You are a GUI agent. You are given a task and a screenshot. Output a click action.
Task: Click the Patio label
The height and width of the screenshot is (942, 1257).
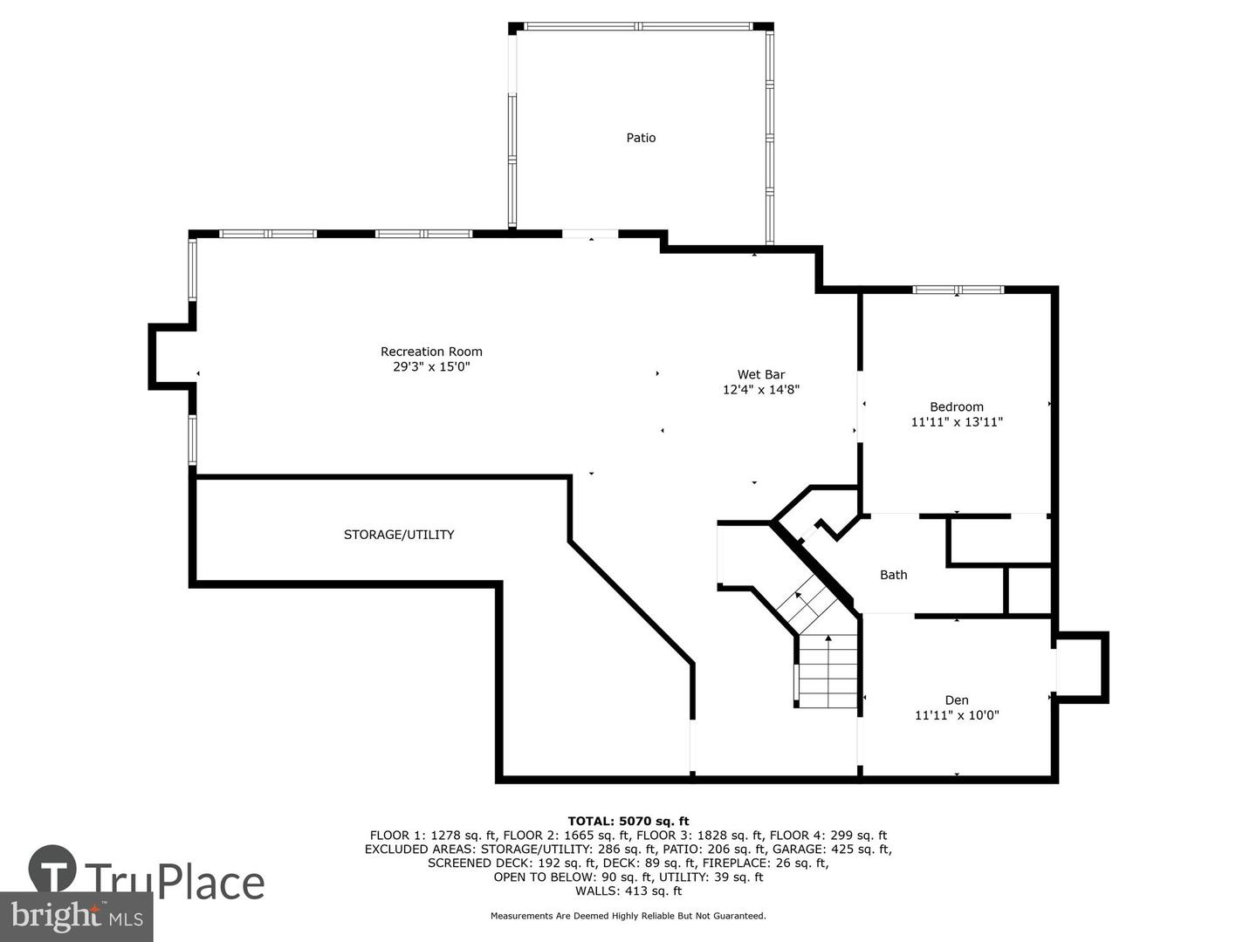point(640,138)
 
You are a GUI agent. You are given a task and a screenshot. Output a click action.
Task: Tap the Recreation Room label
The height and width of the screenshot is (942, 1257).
point(431,352)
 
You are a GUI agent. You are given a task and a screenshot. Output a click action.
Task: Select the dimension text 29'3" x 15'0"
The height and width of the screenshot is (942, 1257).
point(431,366)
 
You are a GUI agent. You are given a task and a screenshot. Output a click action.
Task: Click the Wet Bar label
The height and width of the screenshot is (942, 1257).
point(760,375)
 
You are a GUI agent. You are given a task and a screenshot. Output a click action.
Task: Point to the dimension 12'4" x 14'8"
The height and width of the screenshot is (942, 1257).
point(760,390)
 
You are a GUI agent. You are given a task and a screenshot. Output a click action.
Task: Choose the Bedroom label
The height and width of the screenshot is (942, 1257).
point(957,406)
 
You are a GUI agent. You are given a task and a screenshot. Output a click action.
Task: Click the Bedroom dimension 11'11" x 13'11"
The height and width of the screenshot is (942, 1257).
point(957,422)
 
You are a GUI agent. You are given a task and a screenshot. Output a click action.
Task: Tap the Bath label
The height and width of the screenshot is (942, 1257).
point(893,575)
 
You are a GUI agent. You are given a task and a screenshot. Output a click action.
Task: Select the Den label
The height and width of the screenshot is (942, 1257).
point(957,700)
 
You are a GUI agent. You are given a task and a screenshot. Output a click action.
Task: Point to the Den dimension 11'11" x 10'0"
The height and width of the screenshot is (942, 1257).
point(957,715)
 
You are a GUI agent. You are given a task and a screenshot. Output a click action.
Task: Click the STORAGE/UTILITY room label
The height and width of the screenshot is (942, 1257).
point(399,534)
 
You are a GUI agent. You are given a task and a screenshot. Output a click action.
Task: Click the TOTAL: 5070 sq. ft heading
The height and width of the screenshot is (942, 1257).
point(628,822)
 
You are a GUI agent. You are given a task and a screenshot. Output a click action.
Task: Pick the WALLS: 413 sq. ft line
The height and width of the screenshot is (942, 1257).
point(628,891)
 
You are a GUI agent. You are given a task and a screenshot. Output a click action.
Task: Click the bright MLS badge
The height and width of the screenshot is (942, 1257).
point(76,917)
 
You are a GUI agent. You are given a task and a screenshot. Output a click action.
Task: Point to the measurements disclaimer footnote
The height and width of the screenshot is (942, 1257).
point(628,916)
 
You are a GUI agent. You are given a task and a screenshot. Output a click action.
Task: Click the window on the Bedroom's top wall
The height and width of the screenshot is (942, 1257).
point(958,290)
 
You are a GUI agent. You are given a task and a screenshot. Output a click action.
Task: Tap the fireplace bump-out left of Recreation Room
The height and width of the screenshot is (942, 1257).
point(172,357)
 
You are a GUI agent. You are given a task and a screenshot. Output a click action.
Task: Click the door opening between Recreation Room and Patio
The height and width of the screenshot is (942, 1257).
point(590,234)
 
